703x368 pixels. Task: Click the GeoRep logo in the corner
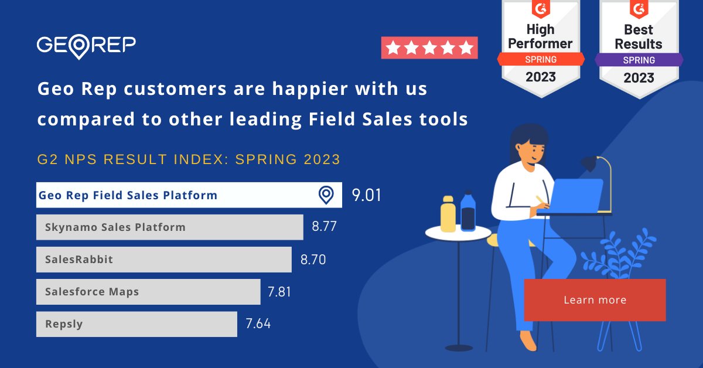coord(86,46)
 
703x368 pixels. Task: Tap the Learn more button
coord(595,300)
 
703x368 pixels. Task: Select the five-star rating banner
coord(429,47)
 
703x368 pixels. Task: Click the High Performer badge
coord(540,47)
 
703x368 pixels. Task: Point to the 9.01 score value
coord(367,195)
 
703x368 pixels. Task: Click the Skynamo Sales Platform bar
coord(169,227)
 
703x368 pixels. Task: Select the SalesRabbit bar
coord(163,260)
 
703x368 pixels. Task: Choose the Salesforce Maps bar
coord(148,292)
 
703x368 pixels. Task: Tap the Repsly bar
coord(136,324)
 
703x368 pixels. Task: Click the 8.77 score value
coord(324,227)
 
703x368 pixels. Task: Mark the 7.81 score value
coord(279,292)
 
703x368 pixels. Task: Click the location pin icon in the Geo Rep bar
coord(326,195)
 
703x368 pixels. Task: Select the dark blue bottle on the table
coord(468,212)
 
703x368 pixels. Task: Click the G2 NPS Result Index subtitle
coord(188,159)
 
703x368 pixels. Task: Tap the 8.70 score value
coord(313,260)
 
